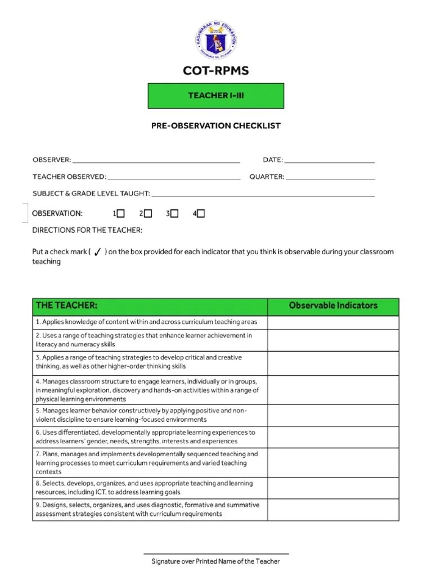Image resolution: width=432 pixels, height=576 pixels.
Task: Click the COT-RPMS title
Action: (216, 71)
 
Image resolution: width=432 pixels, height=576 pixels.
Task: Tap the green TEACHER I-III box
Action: (216, 96)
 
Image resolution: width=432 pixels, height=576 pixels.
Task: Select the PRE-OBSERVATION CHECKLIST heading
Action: (216, 125)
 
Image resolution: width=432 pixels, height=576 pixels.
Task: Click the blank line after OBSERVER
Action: (156, 161)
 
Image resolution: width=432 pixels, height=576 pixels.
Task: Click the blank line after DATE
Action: (330, 161)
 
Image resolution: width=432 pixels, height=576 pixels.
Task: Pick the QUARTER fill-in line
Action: (330, 178)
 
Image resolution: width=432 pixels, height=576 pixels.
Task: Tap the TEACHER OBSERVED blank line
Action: (174, 178)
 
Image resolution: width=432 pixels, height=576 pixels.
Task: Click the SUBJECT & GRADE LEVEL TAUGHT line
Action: (263, 195)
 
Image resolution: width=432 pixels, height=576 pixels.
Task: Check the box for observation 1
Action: (121, 213)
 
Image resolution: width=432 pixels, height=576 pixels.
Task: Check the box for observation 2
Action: (148, 213)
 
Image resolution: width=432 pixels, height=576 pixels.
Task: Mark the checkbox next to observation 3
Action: (174, 213)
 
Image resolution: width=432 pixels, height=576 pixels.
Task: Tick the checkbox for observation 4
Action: (201, 213)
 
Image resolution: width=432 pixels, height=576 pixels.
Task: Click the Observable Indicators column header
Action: (333, 306)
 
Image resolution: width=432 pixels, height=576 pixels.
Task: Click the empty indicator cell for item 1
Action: (333, 322)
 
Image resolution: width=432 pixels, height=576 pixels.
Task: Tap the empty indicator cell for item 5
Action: (333, 415)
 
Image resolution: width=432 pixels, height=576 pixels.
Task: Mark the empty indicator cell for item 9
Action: (333, 510)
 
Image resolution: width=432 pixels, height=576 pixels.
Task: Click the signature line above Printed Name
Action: (216, 553)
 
